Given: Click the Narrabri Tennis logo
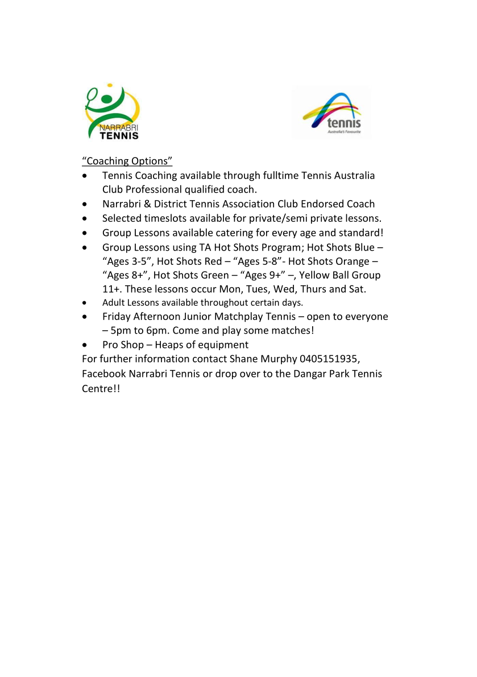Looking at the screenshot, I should point(113,113).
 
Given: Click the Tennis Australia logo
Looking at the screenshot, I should point(331,113).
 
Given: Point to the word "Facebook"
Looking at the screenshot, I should point(104,374).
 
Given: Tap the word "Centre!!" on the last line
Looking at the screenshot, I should point(101,389).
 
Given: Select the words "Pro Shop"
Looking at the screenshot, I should point(123,344).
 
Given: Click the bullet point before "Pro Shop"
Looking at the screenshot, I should point(85,345).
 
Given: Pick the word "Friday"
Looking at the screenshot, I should point(117,316).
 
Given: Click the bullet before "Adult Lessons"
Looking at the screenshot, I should point(85,303).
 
